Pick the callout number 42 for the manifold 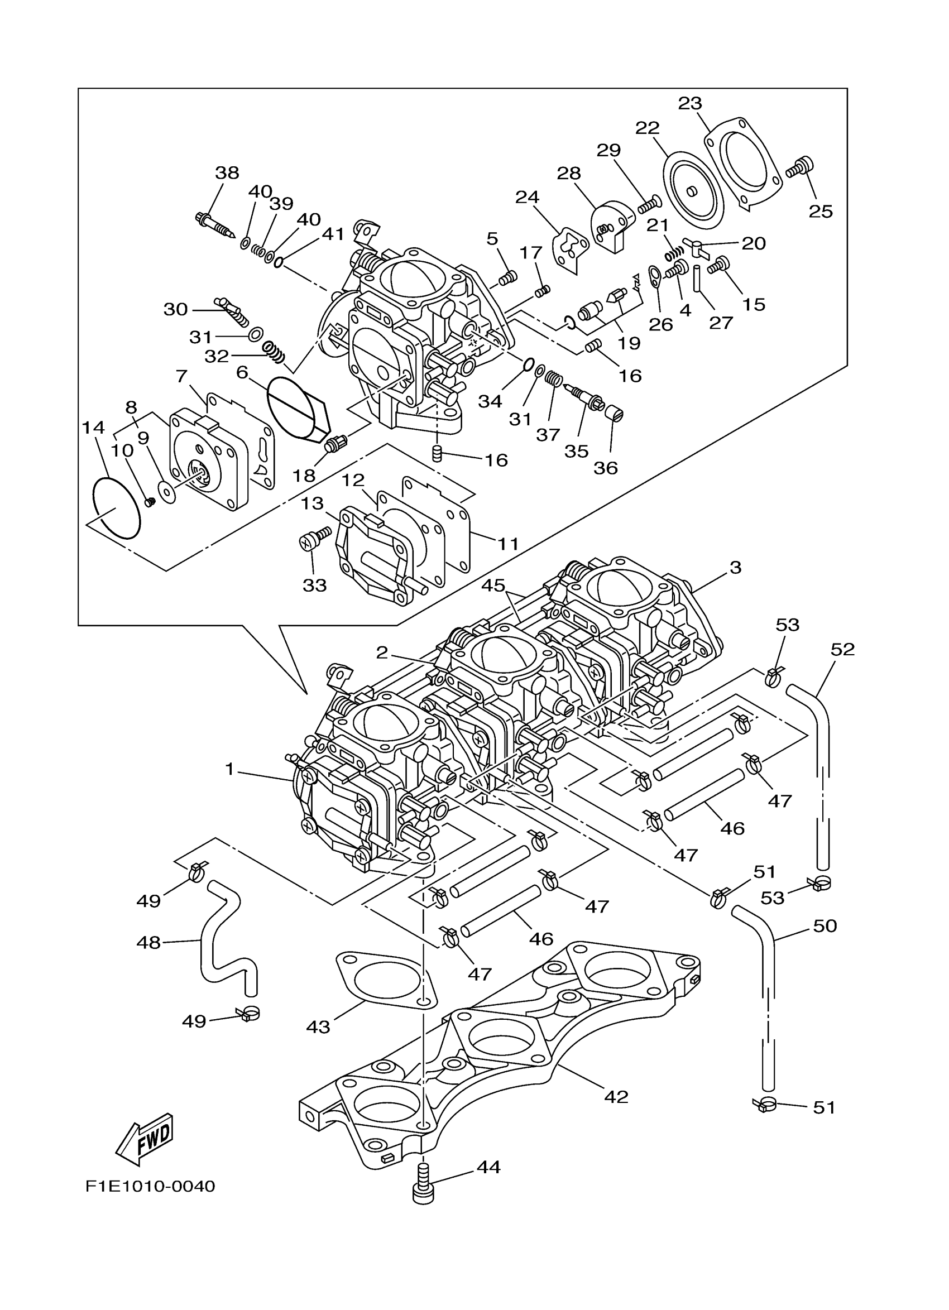[616, 1096]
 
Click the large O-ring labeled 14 [116, 508]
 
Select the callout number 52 [842, 649]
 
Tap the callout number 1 [229, 769]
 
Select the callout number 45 [493, 585]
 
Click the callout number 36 [605, 468]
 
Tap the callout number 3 [735, 567]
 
